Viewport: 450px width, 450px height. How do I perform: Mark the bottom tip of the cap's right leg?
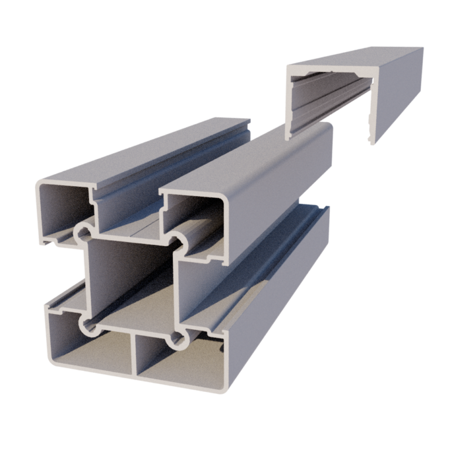(369, 141)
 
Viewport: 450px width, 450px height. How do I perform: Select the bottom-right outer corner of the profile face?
(223, 390)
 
